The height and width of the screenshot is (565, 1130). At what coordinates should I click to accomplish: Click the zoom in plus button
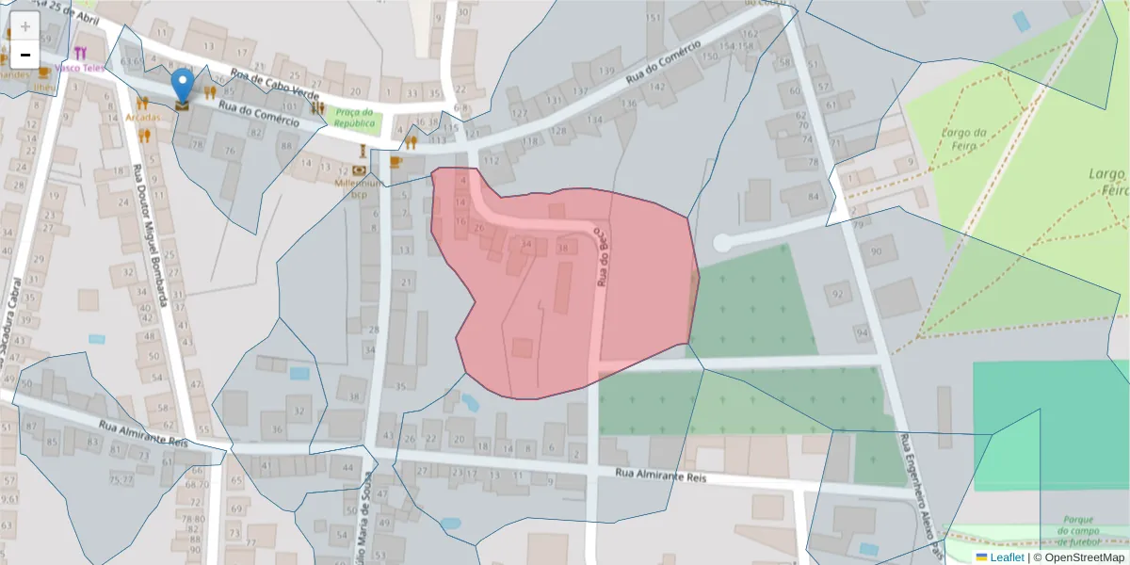25,26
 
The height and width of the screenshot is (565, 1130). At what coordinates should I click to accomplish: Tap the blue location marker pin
183,85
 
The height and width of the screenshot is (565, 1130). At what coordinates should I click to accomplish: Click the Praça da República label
354,118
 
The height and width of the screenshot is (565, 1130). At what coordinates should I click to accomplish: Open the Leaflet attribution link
1007,557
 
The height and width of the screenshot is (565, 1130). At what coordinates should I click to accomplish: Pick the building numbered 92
836,295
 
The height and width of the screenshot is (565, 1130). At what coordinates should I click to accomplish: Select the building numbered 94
863,332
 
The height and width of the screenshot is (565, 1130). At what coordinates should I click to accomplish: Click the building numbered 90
877,251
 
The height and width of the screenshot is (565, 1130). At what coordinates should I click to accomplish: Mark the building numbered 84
814,197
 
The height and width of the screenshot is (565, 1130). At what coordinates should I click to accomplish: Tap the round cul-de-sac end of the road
722,243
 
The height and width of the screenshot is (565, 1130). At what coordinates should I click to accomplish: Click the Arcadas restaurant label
142,118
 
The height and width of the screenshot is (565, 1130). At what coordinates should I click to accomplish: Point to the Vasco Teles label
79,68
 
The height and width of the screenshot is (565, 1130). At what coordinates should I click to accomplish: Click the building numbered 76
229,151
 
